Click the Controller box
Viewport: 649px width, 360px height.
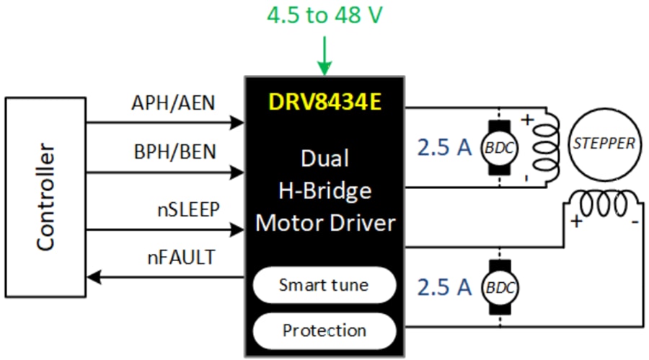(45, 198)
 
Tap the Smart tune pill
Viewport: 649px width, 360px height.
(324, 285)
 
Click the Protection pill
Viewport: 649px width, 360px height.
(324, 331)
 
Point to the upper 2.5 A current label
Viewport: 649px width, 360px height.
(444, 148)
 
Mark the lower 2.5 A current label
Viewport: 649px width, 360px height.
(444, 287)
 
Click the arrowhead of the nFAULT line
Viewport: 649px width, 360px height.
(92, 277)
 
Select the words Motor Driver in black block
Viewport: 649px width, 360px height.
(325, 223)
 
